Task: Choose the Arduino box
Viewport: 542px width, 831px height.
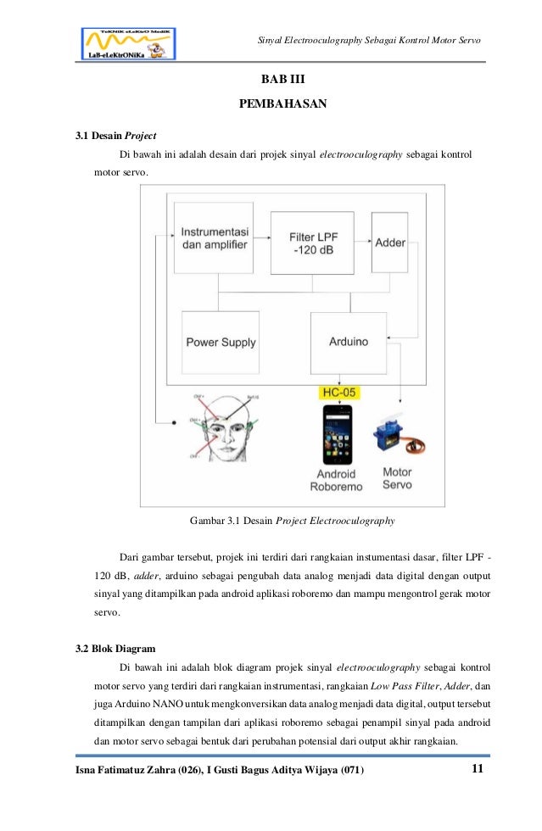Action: tap(348, 342)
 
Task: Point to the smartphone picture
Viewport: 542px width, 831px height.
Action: tap(338, 435)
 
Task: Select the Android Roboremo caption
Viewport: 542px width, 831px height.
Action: tap(337, 479)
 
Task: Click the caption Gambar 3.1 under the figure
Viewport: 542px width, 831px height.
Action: tap(293, 520)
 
